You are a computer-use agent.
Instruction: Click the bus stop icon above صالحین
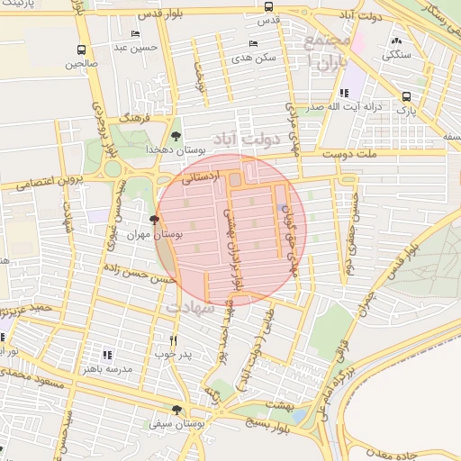[x=82, y=50]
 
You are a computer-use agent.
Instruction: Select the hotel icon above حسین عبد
[x=135, y=33]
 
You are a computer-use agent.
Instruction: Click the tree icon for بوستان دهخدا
[x=176, y=135]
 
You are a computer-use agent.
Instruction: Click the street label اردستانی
[x=200, y=179]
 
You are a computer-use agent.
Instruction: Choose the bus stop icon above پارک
[x=406, y=97]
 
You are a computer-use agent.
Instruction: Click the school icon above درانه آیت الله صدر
[x=343, y=93]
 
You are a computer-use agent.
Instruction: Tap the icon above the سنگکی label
[x=397, y=41]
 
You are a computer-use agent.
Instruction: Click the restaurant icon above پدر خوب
[x=175, y=340]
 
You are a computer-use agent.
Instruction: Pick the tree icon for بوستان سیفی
[x=176, y=410]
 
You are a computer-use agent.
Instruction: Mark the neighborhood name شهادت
[x=189, y=308]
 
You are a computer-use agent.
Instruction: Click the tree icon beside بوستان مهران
[x=156, y=220]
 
